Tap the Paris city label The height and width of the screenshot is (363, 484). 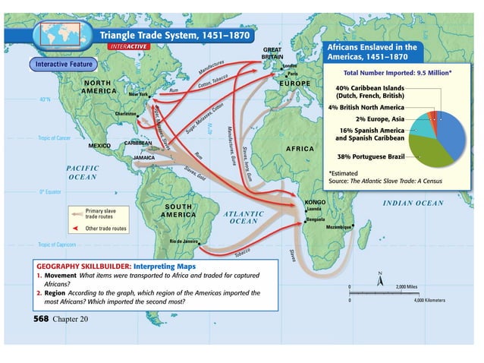[293, 74]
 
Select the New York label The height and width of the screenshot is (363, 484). [139, 94]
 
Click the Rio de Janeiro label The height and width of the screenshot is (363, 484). [184, 241]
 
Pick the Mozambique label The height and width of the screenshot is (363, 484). [338, 226]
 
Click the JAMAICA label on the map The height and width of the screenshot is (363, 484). [144, 158]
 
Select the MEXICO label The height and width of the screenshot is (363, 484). [100, 144]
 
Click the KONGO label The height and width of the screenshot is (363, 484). [315, 202]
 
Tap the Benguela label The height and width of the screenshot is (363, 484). [315, 219]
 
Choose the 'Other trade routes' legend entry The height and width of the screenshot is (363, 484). [105, 228]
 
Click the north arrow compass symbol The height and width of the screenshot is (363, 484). [379, 279]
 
